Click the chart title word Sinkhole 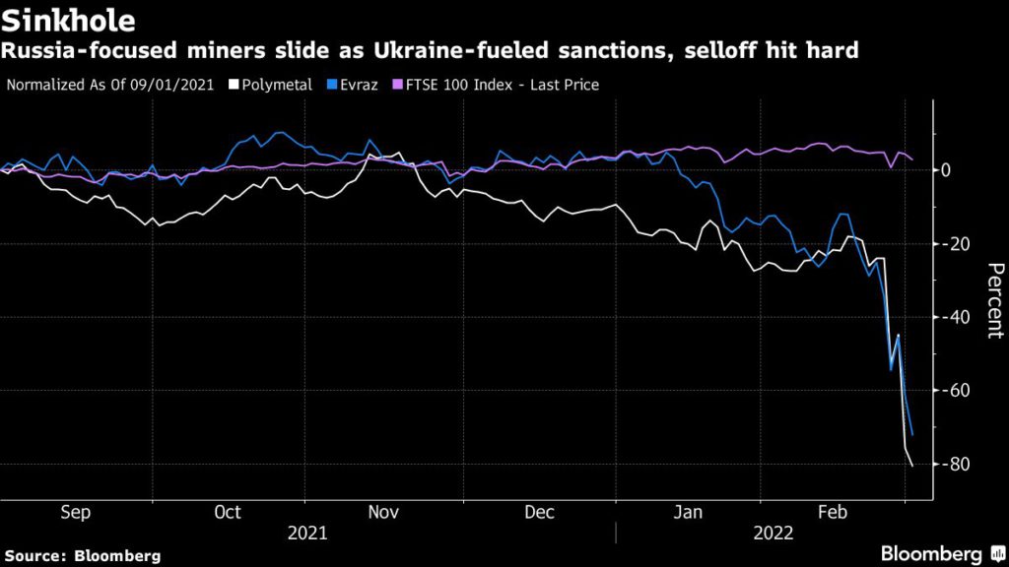coord(68,20)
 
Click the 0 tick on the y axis coord(946,170)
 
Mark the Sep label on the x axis coord(76,513)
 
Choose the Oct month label coord(228,513)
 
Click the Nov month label coord(383,513)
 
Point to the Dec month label coord(540,513)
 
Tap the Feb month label coord(835,513)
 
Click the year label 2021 coord(308,534)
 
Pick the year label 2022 coord(773,534)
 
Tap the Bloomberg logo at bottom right coord(935,553)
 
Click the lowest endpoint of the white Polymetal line coord(912,466)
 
